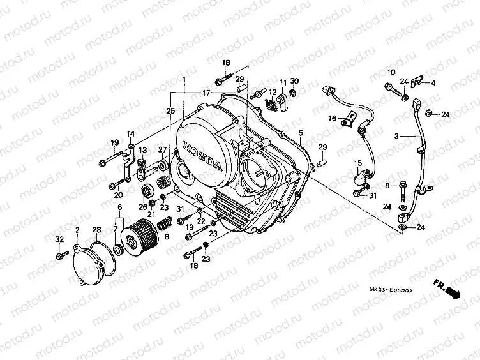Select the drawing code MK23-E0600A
click(x=391, y=290)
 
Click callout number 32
click(x=59, y=239)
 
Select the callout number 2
click(x=77, y=229)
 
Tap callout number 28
click(x=97, y=229)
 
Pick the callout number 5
click(x=300, y=135)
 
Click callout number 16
click(x=333, y=118)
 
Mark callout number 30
click(x=294, y=81)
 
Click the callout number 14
click(x=130, y=134)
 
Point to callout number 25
click(x=170, y=110)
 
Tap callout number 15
click(x=358, y=163)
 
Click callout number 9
click(x=386, y=185)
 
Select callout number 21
click(x=152, y=197)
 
